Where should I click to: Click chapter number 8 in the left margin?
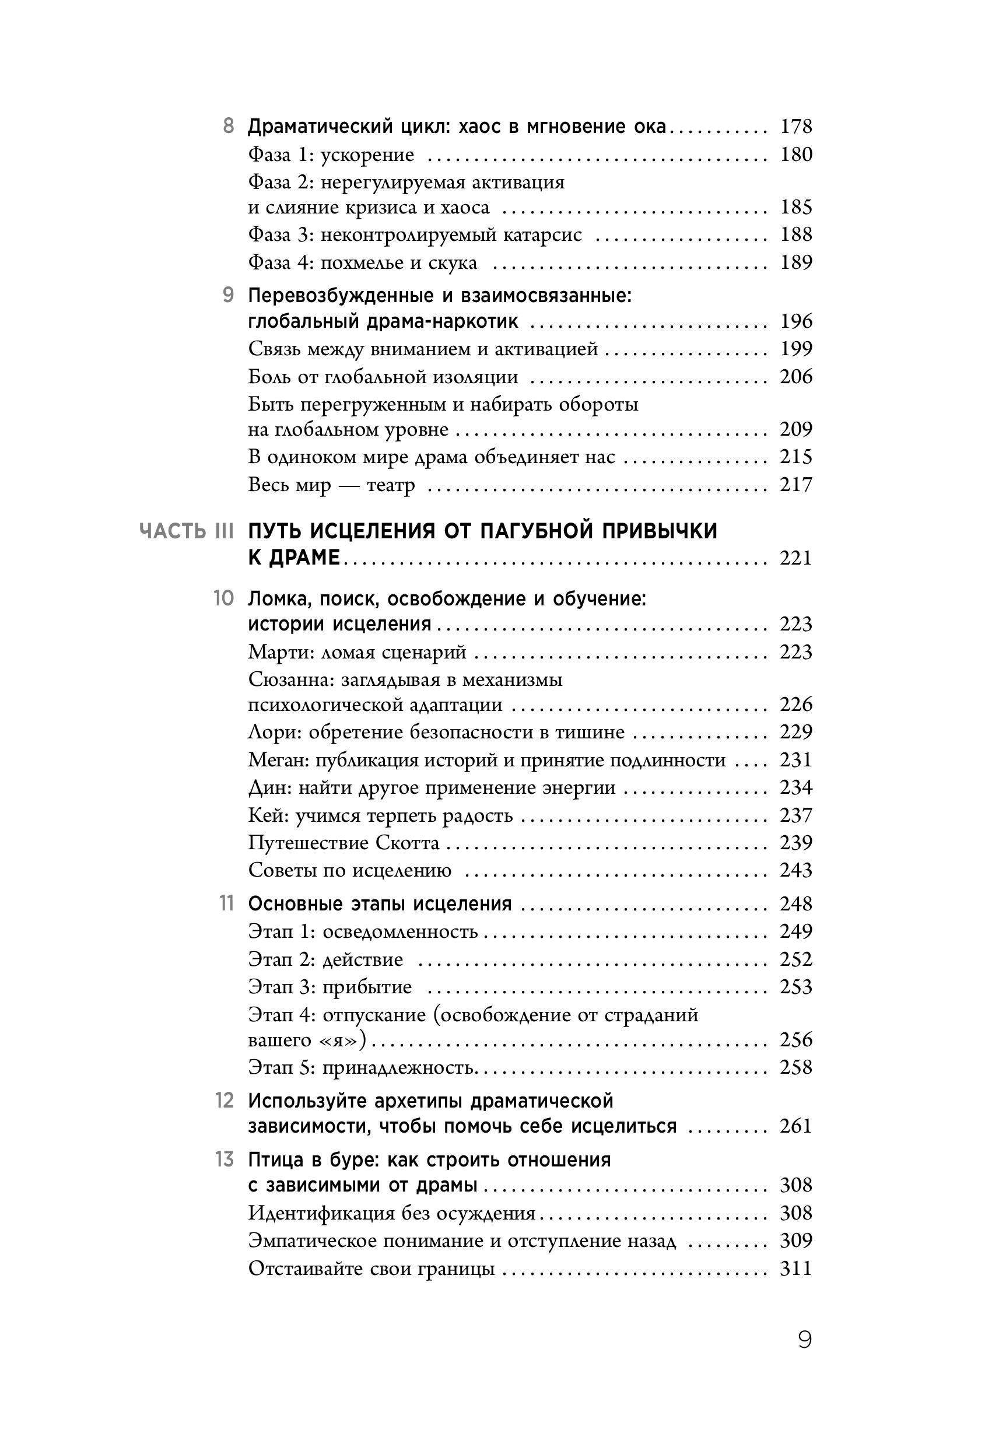pos(229,127)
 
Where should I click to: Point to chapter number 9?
pos(229,295)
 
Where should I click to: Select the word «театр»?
pos(390,485)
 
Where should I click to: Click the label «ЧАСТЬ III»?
pos(187,531)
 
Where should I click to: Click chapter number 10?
pos(223,598)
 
